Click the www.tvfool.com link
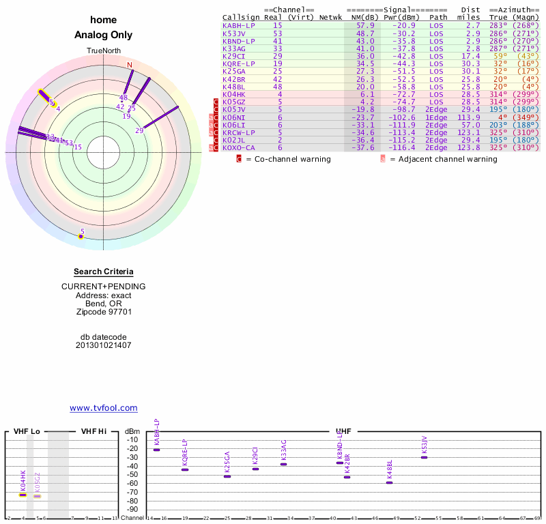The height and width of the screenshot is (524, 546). coord(104,408)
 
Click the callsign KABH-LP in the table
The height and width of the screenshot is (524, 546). coord(238,25)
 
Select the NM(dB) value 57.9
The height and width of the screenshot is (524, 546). coord(365,25)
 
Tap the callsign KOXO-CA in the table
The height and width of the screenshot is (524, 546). coord(238,147)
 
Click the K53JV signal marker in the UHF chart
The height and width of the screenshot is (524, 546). coord(424,457)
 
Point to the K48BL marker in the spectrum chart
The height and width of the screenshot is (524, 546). coord(390,482)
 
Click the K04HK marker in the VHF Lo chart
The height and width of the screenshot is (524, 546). coord(23,495)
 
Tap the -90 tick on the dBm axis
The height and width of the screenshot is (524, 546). coord(132,510)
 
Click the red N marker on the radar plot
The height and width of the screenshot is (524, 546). coord(130,65)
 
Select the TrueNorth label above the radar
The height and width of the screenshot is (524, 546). coord(103,51)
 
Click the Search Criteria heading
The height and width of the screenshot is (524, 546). coord(104,272)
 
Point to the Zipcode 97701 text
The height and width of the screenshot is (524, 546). coord(104,312)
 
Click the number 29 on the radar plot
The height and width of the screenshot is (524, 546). coord(139,130)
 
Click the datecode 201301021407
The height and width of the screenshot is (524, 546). coord(104,345)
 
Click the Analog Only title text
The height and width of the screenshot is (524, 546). coord(104,35)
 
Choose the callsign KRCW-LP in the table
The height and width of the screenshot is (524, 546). coord(238,132)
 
